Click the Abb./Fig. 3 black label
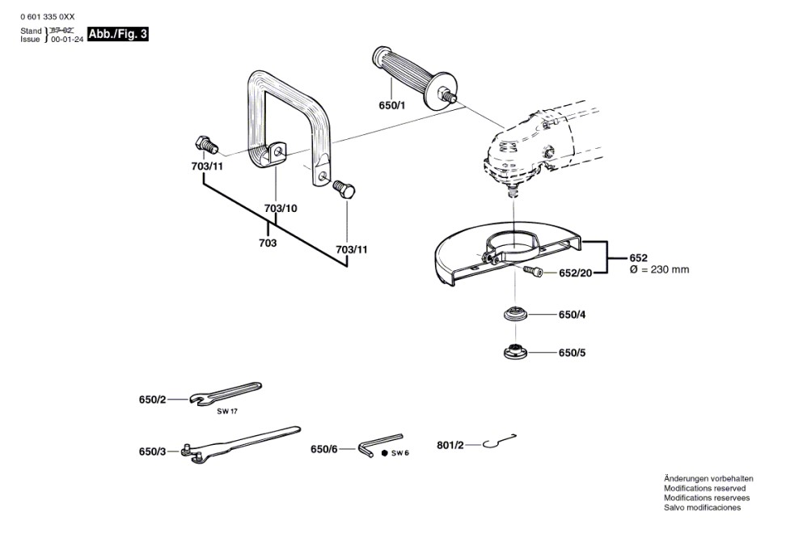[x=118, y=34]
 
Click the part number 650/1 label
[x=391, y=106]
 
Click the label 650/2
[x=152, y=400]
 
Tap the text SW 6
[x=400, y=453]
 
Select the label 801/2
[x=450, y=445]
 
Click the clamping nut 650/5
[x=515, y=352]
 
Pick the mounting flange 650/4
[x=515, y=315]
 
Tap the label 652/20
[x=576, y=273]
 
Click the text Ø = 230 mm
[x=659, y=269]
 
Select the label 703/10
[x=281, y=208]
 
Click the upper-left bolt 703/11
[x=205, y=146]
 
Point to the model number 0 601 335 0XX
[x=47, y=15]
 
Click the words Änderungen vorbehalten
[x=708, y=479]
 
